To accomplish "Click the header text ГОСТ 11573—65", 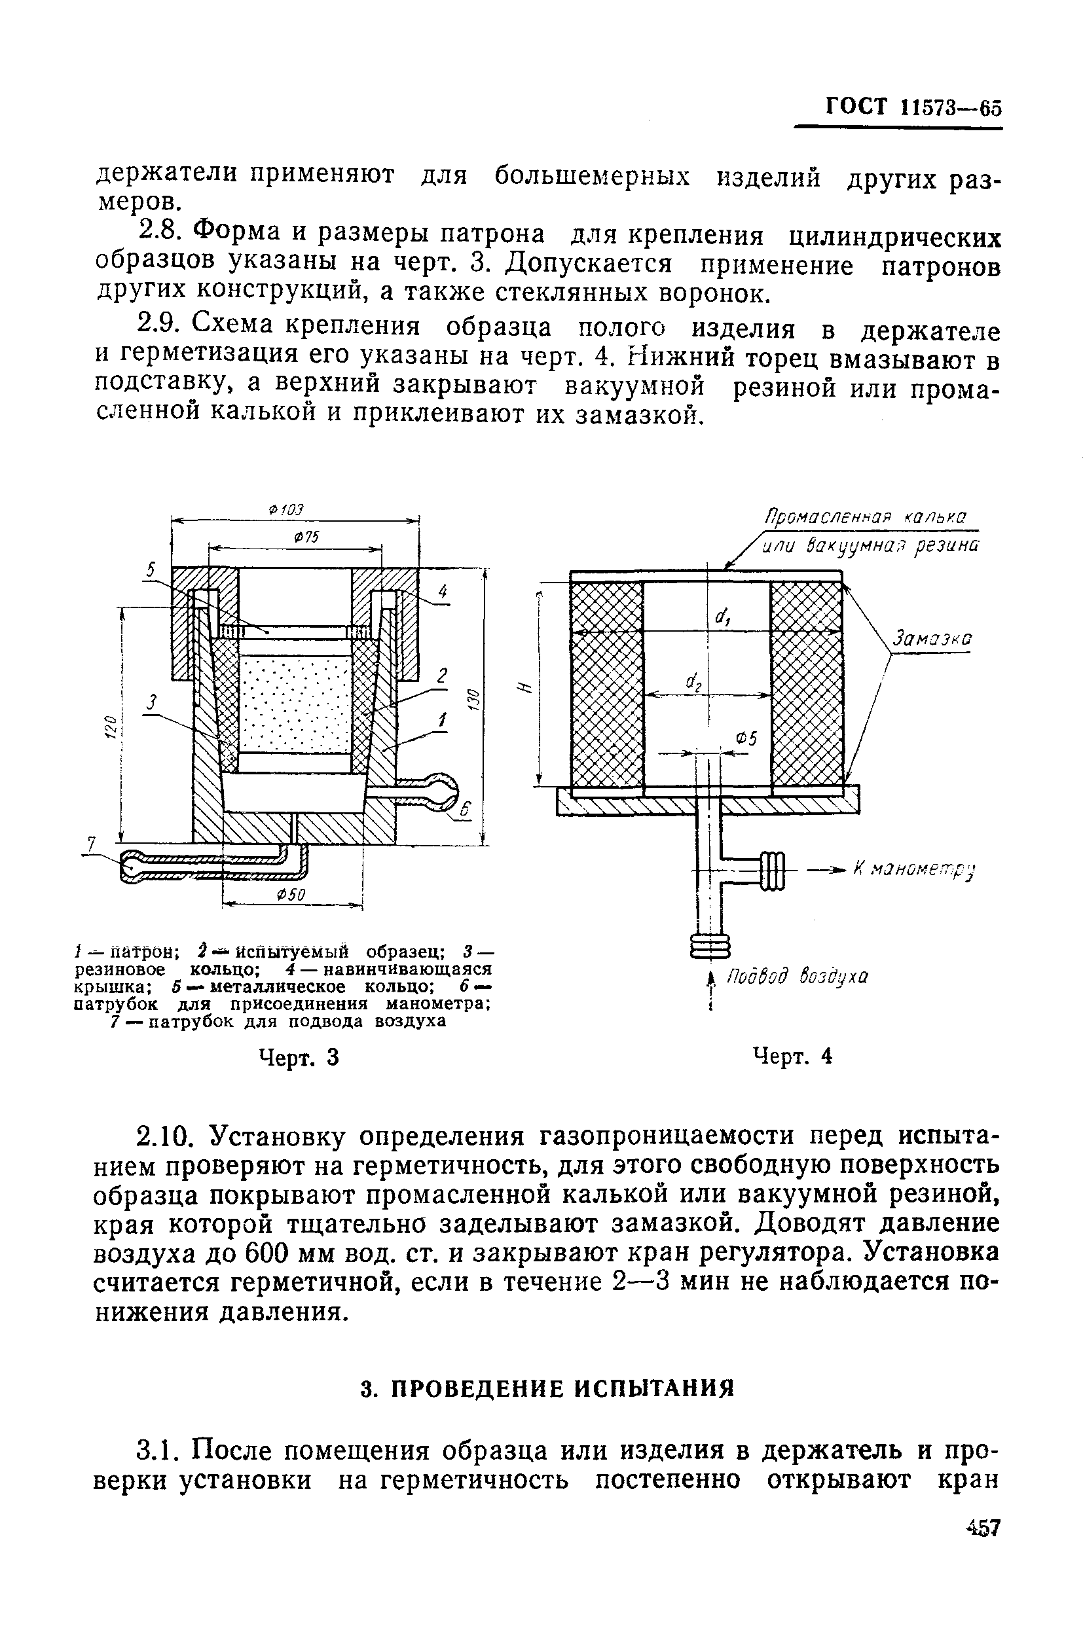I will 913,108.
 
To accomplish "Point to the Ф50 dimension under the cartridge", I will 290,895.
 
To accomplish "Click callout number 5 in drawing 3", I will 151,569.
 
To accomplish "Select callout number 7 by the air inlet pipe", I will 90,844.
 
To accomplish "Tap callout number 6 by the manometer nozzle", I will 464,810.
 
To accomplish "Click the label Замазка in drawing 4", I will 932,639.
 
